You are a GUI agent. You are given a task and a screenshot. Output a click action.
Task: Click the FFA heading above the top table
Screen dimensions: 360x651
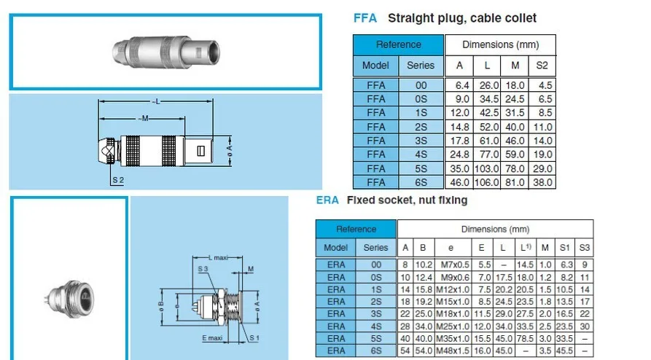(365, 18)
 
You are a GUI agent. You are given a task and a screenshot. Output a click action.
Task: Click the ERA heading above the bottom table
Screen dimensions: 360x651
(327, 200)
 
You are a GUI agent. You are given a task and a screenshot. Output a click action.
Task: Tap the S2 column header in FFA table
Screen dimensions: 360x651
(542, 66)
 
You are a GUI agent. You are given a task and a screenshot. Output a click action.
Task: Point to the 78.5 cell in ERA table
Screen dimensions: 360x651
(524, 338)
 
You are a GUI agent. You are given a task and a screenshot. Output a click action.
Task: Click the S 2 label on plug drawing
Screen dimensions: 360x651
(118, 179)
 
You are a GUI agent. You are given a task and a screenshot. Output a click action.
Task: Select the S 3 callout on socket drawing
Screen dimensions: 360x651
(202, 270)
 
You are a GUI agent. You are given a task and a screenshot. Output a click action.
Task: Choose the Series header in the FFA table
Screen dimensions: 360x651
(420, 66)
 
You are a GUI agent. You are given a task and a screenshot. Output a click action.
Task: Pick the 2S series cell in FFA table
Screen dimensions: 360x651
(420, 127)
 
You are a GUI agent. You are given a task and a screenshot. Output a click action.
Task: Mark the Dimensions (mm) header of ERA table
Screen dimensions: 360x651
(495, 229)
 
